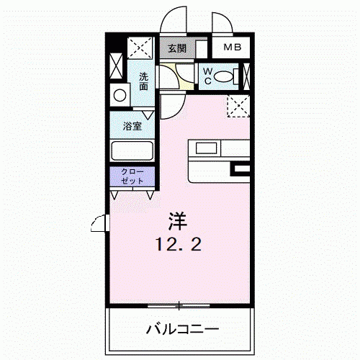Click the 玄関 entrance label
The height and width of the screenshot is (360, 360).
tap(177, 48)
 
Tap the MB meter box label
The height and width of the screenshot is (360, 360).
tap(233, 47)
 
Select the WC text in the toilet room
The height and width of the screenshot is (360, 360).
tap(208, 76)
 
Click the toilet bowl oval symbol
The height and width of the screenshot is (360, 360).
tap(223, 76)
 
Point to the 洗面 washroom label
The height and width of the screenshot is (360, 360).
tap(143, 81)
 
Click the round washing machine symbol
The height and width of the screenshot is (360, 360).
tap(120, 96)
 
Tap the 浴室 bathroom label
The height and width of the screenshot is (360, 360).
tap(132, 126)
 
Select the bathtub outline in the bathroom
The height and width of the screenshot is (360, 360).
tap(132, 150)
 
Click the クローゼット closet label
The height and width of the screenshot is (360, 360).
tap(132, 176)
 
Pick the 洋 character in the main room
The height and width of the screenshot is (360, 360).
tap(178, 221)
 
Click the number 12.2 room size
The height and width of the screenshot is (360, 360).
tap(179, 245)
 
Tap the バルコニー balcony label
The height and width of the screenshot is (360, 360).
tap(182, 329)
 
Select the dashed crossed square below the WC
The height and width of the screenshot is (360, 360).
tap(238, 106)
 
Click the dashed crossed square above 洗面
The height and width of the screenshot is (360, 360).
tap(140, 48)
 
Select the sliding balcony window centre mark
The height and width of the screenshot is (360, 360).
tap(179, 306)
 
